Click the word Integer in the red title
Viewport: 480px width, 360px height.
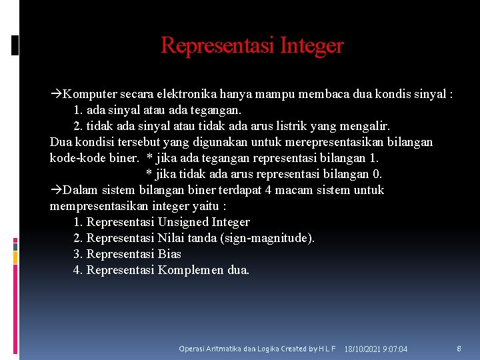[312, 45]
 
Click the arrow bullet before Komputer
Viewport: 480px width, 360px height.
[56, 94]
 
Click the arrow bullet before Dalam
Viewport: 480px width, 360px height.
[56, 190]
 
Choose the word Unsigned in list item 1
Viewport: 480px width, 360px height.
[184, 222]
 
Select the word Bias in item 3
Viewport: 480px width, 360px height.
[169, 254]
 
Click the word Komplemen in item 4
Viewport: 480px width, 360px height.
[189, 270]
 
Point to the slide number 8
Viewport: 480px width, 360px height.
[459, 349]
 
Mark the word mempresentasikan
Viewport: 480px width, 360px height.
[100, 206]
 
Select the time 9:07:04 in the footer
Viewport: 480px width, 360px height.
[397, 349]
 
